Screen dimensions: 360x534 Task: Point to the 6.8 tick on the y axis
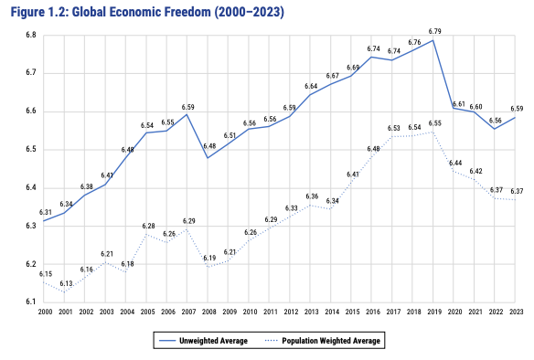click(30, 35)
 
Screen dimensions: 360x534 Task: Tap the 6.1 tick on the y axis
click(30, 302)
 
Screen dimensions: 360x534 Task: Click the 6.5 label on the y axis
click(30, 149)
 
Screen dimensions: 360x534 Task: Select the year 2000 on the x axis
click(44, 312)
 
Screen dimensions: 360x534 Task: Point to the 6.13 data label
click(66, 284)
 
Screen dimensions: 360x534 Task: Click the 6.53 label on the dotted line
click(394, 129)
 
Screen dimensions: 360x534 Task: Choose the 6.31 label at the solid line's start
click(45, 212)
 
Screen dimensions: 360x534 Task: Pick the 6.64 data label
click(311, 86)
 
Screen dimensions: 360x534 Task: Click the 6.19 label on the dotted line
click(209, 259)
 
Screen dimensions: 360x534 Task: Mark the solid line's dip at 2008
click(209, 158)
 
